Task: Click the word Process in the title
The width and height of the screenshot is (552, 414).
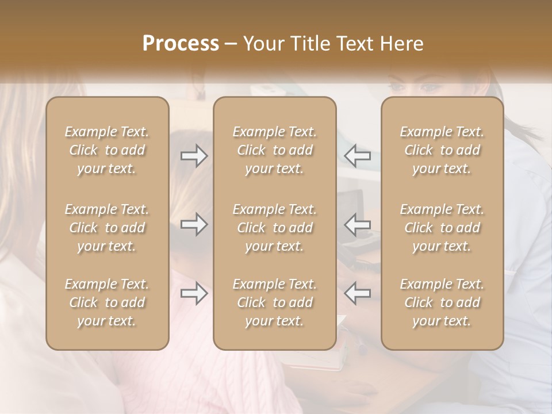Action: pyautogui.click(x=181, y=44)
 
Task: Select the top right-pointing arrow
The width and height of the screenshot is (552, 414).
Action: pyautogui.click(x=194, y=156)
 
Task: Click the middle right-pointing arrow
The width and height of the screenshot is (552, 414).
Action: pyautogui.click(x=194, y=224)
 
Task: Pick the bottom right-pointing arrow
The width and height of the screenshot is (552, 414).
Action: pyautogui.click(x=194, y=293)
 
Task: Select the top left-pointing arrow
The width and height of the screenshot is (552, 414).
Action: pyautogui.click(x=357, y=156)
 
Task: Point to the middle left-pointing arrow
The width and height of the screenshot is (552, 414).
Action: pyautogui.click(x=357, y=224)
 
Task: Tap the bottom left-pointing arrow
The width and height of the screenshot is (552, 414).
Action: pyautogui.click(x=357, y=293)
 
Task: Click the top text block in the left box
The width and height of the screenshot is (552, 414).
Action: pyautogui.click(x=107, y=150)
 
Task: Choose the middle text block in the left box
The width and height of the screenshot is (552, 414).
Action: pyautogui.click(x=107, y=228)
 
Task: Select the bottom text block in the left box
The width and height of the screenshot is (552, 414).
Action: pyautogui.click(x=107, y=302)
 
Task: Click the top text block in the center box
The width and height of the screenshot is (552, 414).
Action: pyautogui.click(x=275, y=150)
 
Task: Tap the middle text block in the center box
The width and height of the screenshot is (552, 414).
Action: pyautogui.click(x=275, y=228)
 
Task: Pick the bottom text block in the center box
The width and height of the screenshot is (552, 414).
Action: pyautogui.click(x=275, y=302)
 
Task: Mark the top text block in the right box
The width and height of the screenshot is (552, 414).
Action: pyautogui.click(x=442, y=150)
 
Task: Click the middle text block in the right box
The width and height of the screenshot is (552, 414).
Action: pyautogui.click(x=442, y=228)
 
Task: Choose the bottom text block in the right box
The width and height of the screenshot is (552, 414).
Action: pyautogui.click(x=442, y=302)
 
